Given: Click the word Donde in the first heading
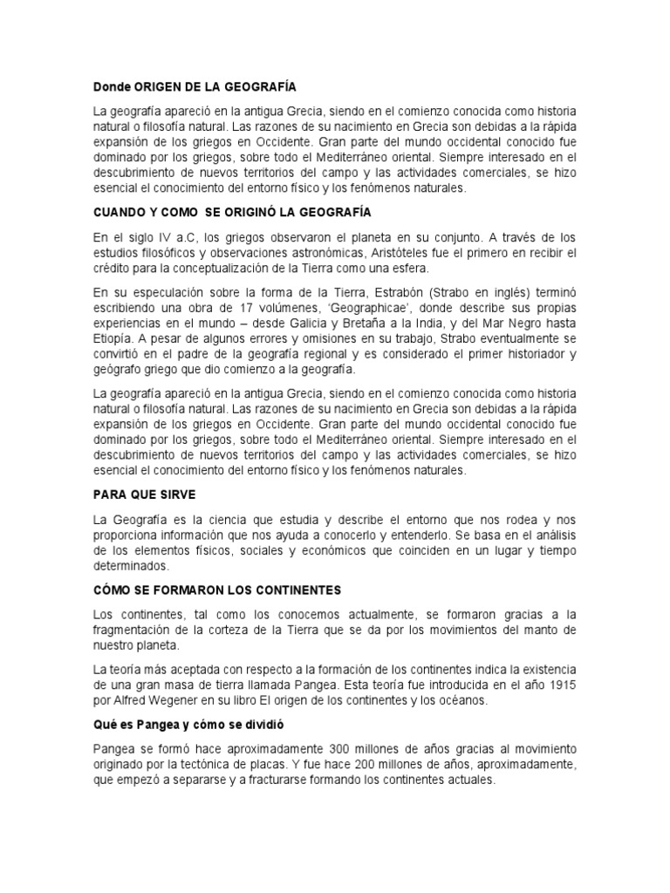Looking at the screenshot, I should [112, 87].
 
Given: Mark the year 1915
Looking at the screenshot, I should [559, 685].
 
